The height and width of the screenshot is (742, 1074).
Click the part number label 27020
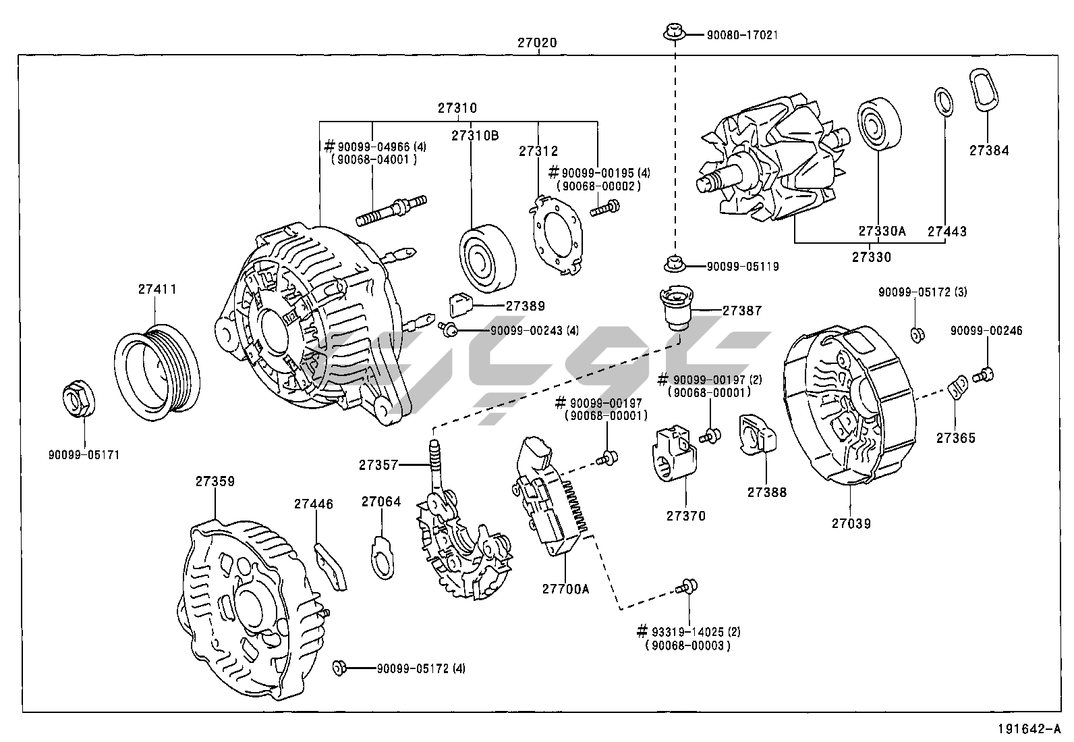pyautogui.click(x=537, y=42)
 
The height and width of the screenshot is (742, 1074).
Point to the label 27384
pyautogui.click(x=989, y=151)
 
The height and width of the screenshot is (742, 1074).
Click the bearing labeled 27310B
pyautogui.click(x=486, y=255)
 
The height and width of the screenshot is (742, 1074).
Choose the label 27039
pyautogui.click(x=851, y=523)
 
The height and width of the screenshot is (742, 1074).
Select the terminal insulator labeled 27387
pyautogui.click(x=675, y=308)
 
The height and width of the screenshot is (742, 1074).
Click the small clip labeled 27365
pyautogui.click(x=957, y=389)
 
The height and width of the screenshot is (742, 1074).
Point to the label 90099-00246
pyautogui.click(x=986, y=331)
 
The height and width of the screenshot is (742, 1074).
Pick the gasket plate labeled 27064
pyautogui.click(x=383, y=556)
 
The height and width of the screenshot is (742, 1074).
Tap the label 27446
pyautogui.click(x=313, y=504)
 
